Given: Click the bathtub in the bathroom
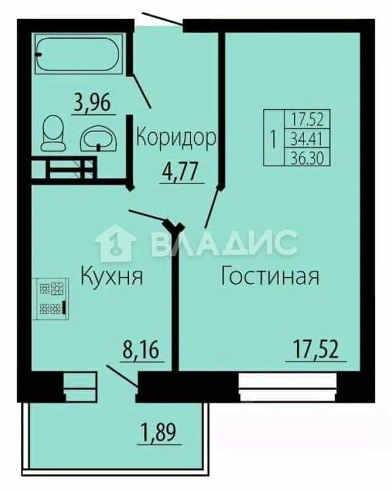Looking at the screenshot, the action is click(x=79, y=54).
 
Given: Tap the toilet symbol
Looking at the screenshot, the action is click(x=53, y=133).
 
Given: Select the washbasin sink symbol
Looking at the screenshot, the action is click(x=99, y=139).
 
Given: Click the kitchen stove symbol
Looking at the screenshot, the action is click(x=51, y=299).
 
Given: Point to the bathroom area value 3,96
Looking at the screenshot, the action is click(x=92, y=103).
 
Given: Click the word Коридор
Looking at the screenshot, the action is click(x=176, y=137).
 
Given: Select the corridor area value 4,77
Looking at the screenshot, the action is click(x=180, y=172).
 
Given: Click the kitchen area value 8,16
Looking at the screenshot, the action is click(x=141, y=350).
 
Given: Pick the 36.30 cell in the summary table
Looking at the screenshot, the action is click(x=307, y=157).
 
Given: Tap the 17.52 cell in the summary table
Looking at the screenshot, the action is click(x=307, y=119).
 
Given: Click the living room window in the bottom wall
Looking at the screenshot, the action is click(x=288, y=387).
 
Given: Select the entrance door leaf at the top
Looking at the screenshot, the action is click(x=162, y=18).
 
